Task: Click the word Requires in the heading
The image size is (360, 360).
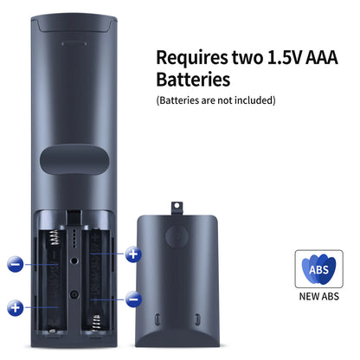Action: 192,58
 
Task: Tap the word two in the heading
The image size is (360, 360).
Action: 247,57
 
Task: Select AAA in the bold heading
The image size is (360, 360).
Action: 322,57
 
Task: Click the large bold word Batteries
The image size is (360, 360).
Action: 193,79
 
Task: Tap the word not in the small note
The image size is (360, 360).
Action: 225,100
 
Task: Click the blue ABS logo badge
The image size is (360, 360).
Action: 318,269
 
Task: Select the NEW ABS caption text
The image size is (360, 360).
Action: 318,297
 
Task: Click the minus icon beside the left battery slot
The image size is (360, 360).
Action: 16,264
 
